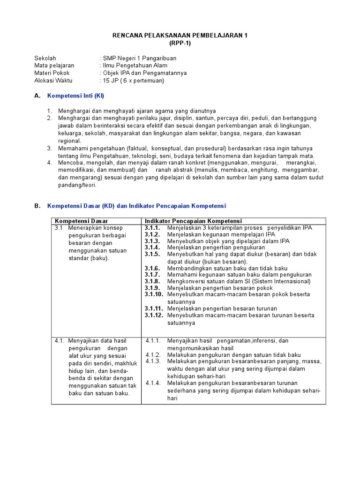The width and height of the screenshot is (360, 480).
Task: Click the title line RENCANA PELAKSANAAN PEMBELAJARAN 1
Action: (x=180, y=35)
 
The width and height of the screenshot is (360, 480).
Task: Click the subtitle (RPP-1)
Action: (x=180, y=43)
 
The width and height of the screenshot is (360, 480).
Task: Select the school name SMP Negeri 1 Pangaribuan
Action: (x=140, y=58)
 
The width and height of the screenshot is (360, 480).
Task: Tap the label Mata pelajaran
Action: (x=54, y=66)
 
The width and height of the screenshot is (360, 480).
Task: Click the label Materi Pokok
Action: (x=52, y=73)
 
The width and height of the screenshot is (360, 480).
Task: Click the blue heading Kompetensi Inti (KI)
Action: (x=75, y=96)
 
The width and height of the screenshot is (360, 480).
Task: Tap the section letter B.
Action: (x=37, y=206)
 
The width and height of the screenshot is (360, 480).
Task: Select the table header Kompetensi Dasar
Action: (x=82, y=221)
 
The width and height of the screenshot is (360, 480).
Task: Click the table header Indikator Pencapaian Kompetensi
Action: (x=193, y=221)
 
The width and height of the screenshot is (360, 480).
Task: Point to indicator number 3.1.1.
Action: (x=152, y=228)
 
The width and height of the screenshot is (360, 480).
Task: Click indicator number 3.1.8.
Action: (x=152, y=281)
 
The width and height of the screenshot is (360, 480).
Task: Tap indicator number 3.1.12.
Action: (x=154, y=315)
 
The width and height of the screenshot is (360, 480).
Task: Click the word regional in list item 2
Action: (x=69, y=141)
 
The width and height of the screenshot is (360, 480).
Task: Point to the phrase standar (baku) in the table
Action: (x=89, y=258)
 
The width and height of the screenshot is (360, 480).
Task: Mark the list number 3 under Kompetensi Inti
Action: (x=49, y=148)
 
